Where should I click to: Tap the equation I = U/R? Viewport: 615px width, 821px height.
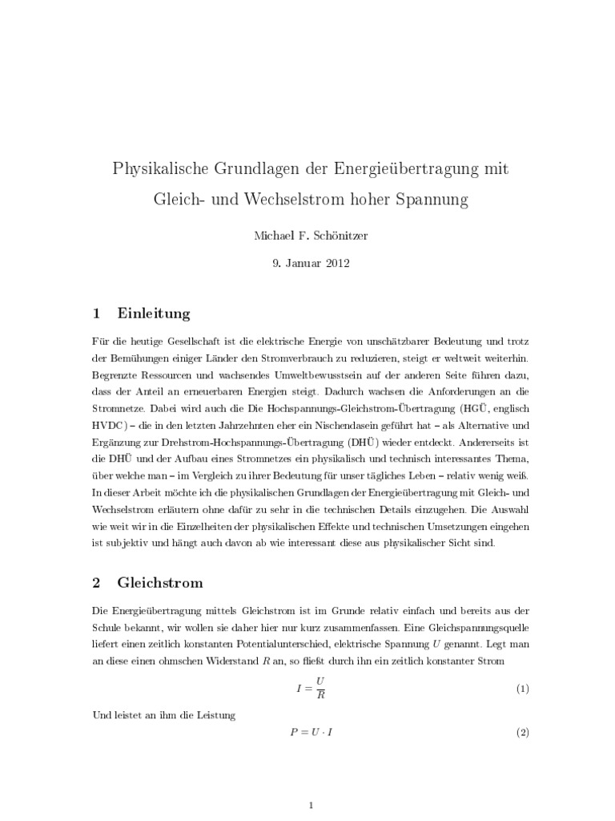tap(307, 689)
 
